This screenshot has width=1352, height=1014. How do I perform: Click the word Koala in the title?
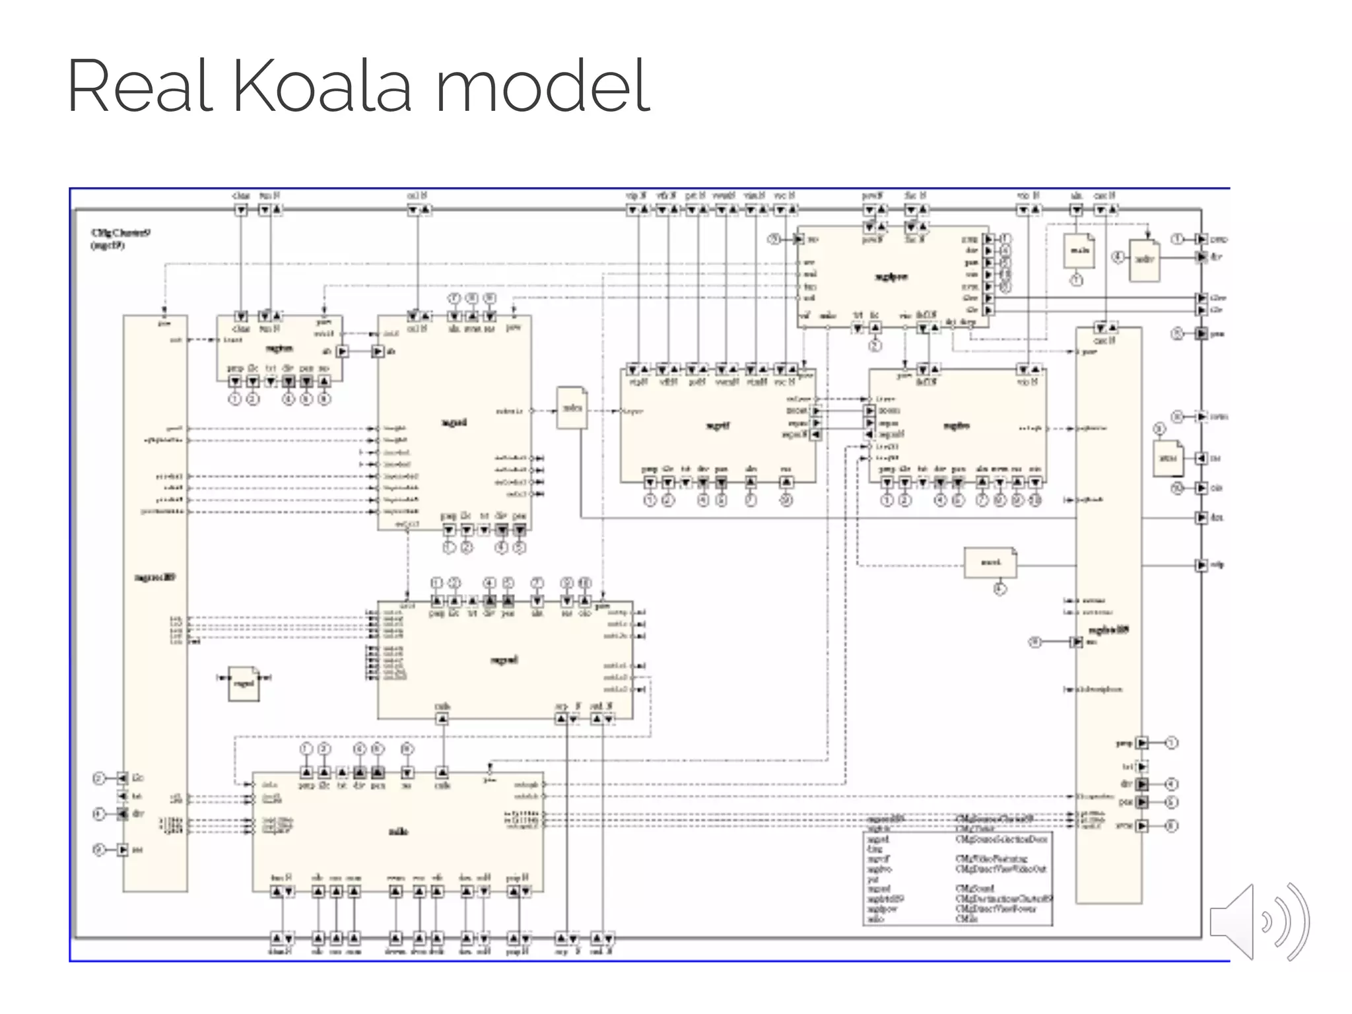[322, 86]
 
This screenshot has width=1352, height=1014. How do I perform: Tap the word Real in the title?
[140, 86]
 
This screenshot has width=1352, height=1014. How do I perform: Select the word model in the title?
[543, 86]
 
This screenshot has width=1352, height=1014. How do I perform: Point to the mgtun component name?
[279, 348]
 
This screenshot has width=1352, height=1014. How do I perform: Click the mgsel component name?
[454, 422]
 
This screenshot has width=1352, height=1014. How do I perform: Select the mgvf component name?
[718, 426]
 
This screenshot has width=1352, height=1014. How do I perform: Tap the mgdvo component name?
[957, 426]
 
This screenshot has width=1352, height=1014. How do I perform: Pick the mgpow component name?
[891, 277]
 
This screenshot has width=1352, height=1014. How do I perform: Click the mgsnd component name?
[504, 659]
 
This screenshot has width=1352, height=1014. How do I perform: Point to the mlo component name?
[398, 831]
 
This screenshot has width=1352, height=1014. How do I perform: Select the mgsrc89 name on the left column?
[155, 577]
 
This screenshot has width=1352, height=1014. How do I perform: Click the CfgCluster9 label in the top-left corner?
[121, 233]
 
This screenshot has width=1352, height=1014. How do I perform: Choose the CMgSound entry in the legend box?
[974, 889]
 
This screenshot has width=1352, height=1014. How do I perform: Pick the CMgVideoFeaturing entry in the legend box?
[991, 859]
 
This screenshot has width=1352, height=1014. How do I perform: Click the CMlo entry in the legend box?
[966, 918]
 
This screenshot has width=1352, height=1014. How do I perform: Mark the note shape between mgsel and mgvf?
[572, 407]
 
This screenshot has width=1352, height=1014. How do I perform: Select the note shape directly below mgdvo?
[990, 562]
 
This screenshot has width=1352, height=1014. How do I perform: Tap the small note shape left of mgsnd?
[244, 683]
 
